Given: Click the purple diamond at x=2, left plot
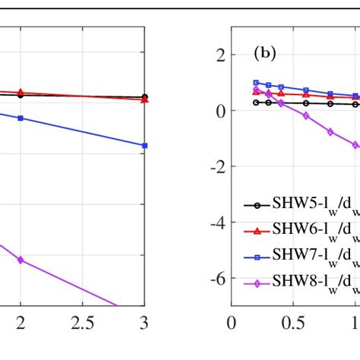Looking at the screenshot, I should tap(21, 238).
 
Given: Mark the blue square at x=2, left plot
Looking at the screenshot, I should tap(21, 118).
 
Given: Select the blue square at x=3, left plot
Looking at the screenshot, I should tap(144, 145).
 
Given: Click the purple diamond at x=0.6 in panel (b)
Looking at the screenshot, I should tap(306, 115).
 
